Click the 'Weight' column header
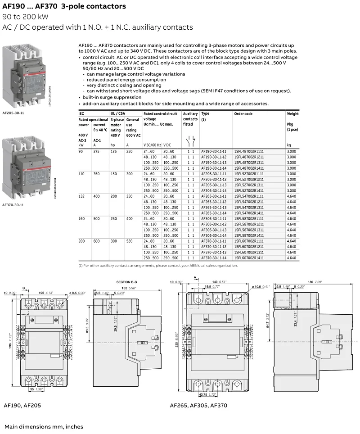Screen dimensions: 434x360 click(x=292, y=114)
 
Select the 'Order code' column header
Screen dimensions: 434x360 click(x=243, y=114)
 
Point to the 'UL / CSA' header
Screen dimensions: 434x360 click(x=117, y=114)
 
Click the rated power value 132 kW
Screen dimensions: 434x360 click(x=81, y=196)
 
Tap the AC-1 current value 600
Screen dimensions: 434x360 click(x=97, y=241)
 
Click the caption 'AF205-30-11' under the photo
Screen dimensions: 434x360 click(x=13, y=113)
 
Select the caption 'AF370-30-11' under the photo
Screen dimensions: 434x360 click(x=13, y=205)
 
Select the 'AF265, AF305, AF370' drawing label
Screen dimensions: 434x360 click(x=198, y=405)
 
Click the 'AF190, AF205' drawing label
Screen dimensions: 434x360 click(x=22, y=405)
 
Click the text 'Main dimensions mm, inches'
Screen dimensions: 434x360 click(x=44, y=426)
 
